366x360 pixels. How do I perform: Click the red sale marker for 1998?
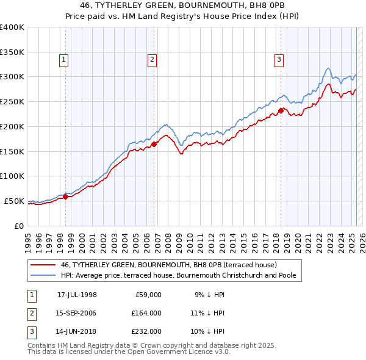65,196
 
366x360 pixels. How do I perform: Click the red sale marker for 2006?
154,145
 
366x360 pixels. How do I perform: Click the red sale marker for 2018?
281,110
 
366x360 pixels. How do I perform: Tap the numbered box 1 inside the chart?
64,60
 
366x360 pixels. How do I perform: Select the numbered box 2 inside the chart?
152,60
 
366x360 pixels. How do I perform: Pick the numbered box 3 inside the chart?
279,60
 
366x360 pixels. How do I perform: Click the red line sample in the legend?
43,265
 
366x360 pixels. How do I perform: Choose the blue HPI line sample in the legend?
43,276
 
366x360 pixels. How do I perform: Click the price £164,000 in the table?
146,313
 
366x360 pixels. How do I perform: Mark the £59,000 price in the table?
148,295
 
